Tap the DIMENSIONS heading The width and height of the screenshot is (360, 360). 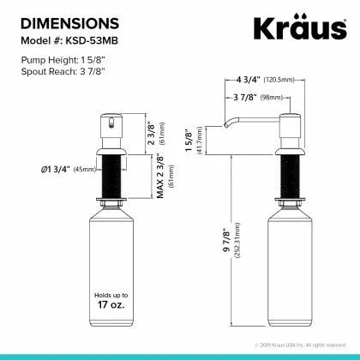69,23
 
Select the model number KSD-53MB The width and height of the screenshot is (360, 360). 92,41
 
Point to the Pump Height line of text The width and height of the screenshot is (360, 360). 63,60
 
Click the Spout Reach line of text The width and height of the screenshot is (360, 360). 63,71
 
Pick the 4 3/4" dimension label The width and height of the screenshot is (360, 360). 248,80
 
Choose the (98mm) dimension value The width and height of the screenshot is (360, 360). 271,98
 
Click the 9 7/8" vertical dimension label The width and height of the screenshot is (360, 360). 226,240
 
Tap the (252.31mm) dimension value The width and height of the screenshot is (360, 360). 237,240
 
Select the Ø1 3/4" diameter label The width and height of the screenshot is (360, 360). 55,170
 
